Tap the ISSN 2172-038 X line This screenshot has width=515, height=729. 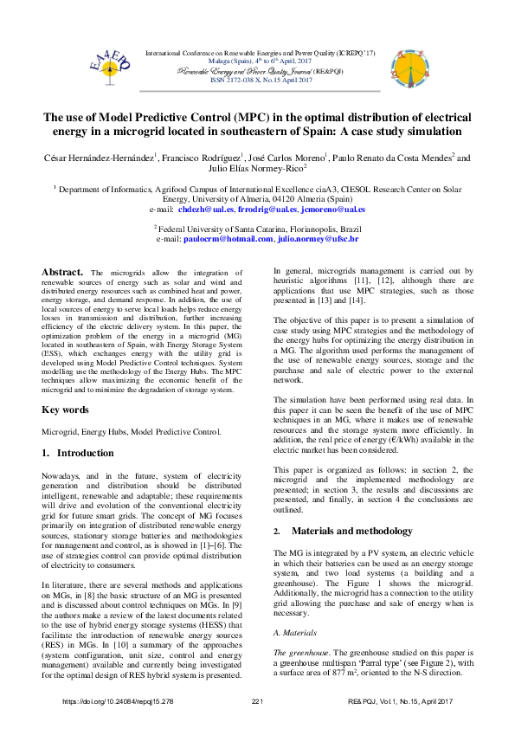[x=249, y=80]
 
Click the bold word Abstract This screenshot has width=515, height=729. [x=61, y=272]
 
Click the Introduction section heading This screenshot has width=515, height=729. [x=86, y=453]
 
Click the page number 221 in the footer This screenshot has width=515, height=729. [x=257, y=701]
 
